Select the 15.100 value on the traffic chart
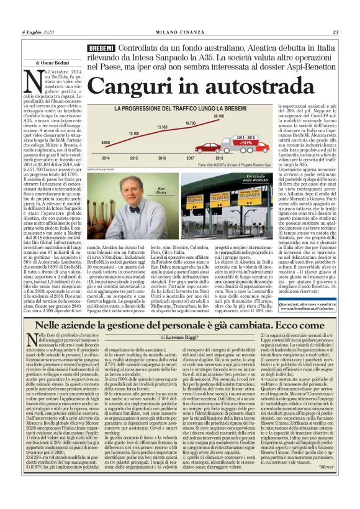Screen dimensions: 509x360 tap(162, 127)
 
